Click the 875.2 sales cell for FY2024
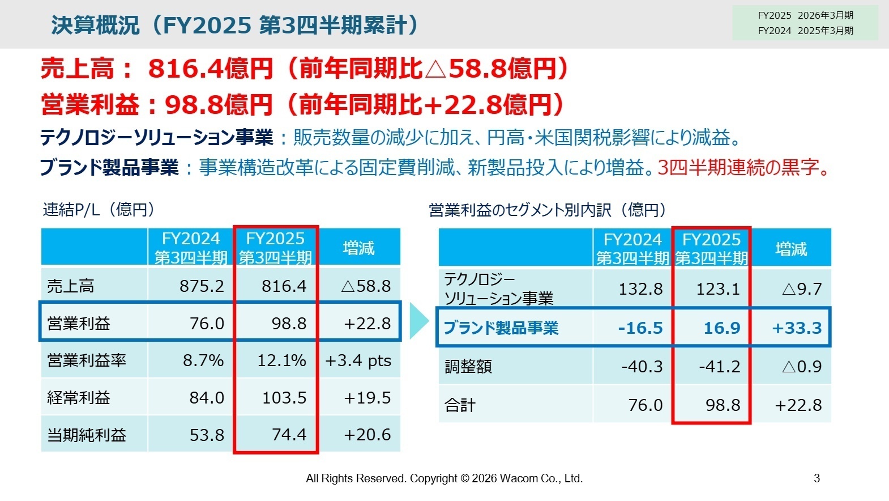coord(202,286)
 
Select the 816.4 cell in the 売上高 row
coord(284,286)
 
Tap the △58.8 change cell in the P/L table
coord(366,286)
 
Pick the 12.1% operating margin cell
coord(281,360)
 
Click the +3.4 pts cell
coord(358,360)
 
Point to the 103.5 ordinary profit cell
coord(284,398)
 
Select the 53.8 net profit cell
coord(207,435)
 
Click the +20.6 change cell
coord(367,435)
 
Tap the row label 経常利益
coord(79,398)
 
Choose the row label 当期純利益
coord(87,435)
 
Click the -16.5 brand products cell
coord(640,328)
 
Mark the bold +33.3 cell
coord(796,328)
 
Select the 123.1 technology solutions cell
coord(717,289)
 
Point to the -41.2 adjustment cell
coord(719,367)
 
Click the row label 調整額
coord(468,367)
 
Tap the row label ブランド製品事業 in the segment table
coord(501,328)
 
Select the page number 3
coord(817,478)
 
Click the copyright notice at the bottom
coord(444,478)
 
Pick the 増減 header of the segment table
coord(791,248)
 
